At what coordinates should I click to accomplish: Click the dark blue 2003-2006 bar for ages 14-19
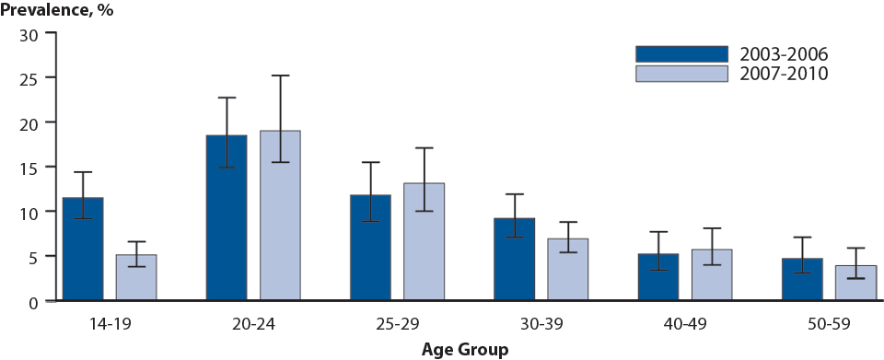click(82, 249)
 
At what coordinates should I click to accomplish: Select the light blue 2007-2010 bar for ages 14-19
click(135, 277)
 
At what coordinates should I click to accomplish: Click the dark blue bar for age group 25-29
click(370, 248)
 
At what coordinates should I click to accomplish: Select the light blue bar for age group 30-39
click(568, 269)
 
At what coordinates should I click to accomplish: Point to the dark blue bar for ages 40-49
click(658, 277)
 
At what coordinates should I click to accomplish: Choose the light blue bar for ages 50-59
click(855, 283)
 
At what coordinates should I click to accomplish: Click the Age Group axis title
click(464, 349)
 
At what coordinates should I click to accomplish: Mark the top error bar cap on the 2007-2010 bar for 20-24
click(280, 75)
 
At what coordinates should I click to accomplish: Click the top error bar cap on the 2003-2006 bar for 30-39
click(515, 194)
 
